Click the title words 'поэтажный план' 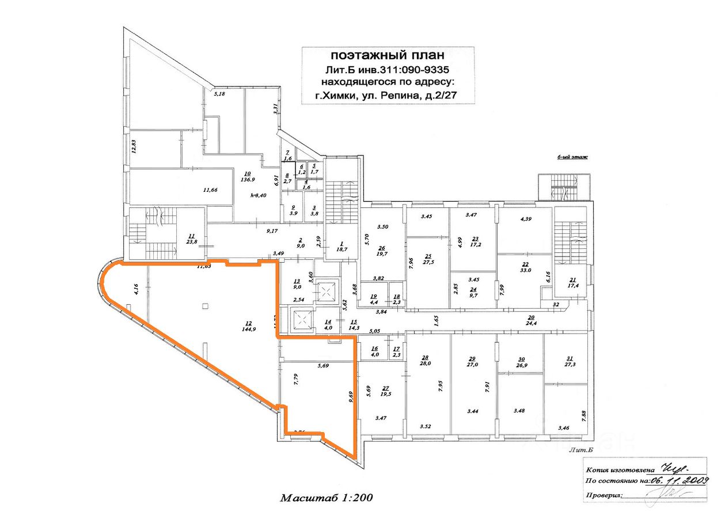click(387, 56)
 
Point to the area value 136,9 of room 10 click(248, 179)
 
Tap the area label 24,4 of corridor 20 click(531, 323)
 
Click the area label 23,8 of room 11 click(192, 243)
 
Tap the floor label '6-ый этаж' click(572, 157)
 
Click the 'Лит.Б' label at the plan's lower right click(580, 449)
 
